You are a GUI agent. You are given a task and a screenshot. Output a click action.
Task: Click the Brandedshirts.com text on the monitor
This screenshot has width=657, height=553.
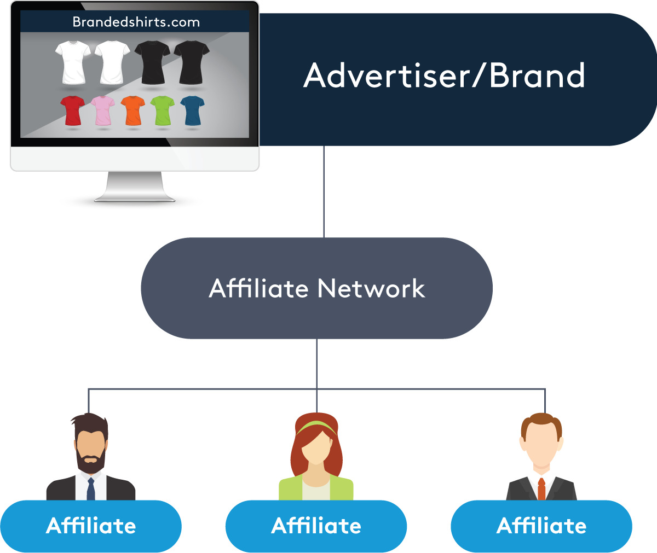pos(136,22)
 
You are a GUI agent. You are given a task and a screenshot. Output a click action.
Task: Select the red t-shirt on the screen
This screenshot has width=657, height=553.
pos(72,110)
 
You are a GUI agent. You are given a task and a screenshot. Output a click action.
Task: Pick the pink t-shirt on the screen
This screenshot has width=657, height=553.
pos(102,110)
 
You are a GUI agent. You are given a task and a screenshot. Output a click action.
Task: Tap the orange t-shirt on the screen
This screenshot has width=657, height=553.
pos(132,110)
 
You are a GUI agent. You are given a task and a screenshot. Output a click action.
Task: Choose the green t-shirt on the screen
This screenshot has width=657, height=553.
pos(162,110)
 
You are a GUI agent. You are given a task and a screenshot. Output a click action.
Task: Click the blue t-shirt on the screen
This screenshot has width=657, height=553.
pos(192,110)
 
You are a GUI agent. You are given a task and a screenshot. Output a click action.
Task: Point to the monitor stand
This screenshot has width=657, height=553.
pos(134,186)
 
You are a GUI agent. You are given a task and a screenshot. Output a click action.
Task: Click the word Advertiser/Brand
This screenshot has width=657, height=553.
pos(444,75)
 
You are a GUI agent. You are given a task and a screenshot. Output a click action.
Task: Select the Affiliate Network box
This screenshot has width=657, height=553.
pos(316,288)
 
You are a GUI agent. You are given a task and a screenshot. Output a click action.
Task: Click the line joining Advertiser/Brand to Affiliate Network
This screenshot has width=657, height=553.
pos(324,191)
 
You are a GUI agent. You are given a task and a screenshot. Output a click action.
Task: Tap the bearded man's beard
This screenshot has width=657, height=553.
pos(90,463)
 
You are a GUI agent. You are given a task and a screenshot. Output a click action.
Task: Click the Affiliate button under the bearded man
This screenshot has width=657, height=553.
pos(91,526)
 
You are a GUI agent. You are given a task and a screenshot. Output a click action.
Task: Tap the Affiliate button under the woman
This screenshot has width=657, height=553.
pos(316,526)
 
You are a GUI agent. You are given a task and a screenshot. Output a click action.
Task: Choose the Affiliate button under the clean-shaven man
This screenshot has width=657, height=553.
pos(541,526)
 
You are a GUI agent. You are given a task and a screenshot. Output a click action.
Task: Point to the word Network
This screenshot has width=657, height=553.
pos(371,288)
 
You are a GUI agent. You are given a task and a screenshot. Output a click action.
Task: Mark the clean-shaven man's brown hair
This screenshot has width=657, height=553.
pos(541,421)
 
